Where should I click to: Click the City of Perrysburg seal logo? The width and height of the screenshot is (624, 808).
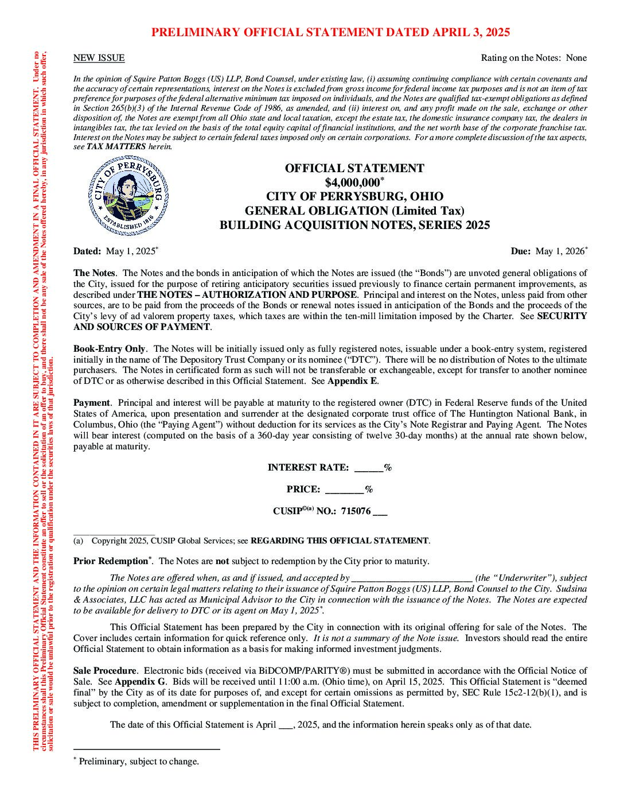(x=128, y=196)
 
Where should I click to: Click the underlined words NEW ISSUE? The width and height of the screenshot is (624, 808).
(x=99, y=58)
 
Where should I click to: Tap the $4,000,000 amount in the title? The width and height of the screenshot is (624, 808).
(x=352, y=182)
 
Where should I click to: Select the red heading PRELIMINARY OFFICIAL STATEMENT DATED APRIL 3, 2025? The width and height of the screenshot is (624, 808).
(x=330, y=32)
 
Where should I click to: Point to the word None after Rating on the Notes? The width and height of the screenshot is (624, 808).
(x=576, y=58)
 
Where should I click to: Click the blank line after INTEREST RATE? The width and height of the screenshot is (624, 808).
(x=368, y=468)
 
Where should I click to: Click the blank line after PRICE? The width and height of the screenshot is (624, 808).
(x=344, y=490)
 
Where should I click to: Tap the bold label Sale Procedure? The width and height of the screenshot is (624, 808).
(x=105, y=671)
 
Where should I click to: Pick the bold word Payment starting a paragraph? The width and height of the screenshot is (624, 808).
(x=91, y=403)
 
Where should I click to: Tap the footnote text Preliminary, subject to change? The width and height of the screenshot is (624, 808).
(x=139, y=762)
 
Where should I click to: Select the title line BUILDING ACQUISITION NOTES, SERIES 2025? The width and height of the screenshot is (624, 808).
(x=354, y=225)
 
